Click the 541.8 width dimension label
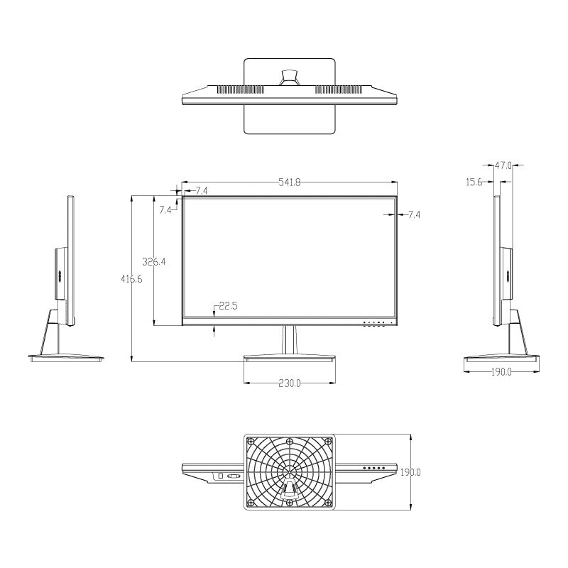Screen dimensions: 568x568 point(289,182)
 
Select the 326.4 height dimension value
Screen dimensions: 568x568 point(154,261)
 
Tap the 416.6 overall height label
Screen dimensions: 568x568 point(131,279)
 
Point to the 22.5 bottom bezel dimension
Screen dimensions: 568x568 point(228,306)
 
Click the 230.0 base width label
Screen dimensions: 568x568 point(289,383)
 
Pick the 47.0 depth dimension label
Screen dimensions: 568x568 point(503,165)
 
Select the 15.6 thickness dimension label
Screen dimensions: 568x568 point(474,182)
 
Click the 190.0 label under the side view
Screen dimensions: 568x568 point(501,372)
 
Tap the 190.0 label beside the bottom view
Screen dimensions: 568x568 point(412,472)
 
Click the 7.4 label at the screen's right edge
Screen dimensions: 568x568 point(414,214)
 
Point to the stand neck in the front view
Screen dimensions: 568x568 point(289,339)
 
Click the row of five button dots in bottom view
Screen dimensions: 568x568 point(373,469)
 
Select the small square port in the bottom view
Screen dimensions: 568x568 point(220,475)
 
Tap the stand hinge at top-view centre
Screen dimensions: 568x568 point(289,77)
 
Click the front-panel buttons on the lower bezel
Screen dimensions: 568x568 point(375,324)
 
